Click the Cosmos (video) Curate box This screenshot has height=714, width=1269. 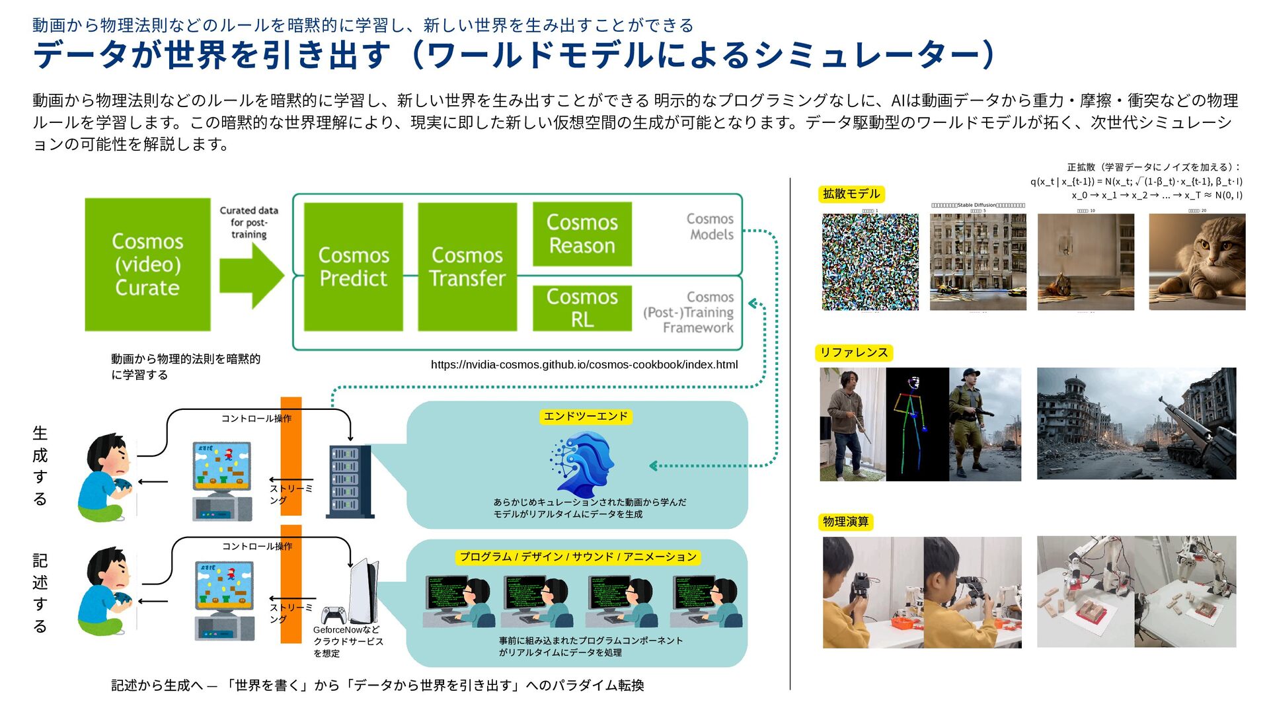coord(147,264)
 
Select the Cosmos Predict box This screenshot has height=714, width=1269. coord(353,266)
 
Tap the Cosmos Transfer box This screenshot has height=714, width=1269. coord(467,266)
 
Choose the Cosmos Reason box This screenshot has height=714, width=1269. coord(582,234)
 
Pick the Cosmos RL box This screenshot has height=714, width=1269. coord(582,308)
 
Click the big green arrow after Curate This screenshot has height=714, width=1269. coord(250,275)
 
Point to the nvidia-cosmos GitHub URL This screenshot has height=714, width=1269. coord(584,364)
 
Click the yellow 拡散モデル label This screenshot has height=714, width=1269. coord(851,194)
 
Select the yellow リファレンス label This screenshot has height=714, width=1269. coord(854,352)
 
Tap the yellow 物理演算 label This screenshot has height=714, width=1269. coord(846,522)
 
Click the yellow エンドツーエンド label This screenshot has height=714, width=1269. coord(586,416)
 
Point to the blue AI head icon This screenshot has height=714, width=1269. coord(582,464)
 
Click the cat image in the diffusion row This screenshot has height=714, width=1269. coord(1197,262)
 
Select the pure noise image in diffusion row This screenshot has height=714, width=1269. coord(870,262)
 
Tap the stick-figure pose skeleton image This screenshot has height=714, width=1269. coord(917,424)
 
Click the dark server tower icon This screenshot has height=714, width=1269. coord(350,481)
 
